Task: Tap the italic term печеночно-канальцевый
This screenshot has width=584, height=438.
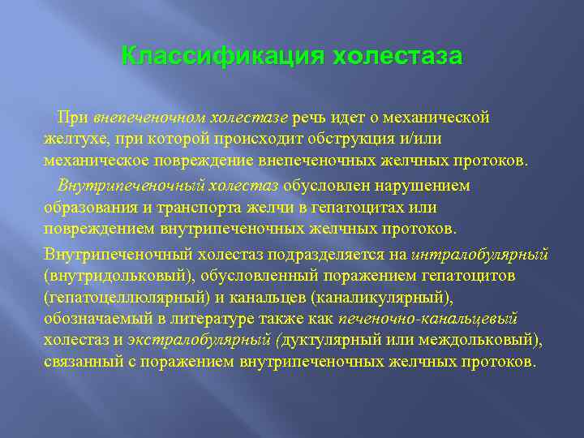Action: point(428,318)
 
